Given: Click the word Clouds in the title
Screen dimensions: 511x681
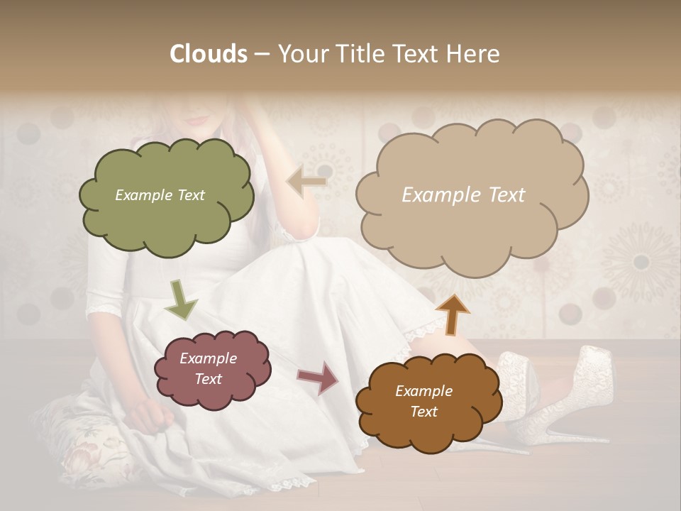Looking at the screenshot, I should (209, 54).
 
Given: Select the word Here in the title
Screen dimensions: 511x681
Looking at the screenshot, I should (473, 54).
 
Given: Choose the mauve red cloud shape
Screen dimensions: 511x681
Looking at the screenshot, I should (211, 368).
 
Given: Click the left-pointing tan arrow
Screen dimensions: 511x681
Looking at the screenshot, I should (306, 182).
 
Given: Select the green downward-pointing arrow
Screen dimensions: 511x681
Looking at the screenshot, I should (181, 299).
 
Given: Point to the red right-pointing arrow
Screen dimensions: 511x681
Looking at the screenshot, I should (318, 377).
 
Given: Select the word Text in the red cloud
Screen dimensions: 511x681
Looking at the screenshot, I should (209, 379).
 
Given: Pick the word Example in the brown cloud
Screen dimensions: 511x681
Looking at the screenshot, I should (423, 391).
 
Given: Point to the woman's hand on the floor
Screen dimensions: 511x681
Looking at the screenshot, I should (150, 413).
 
